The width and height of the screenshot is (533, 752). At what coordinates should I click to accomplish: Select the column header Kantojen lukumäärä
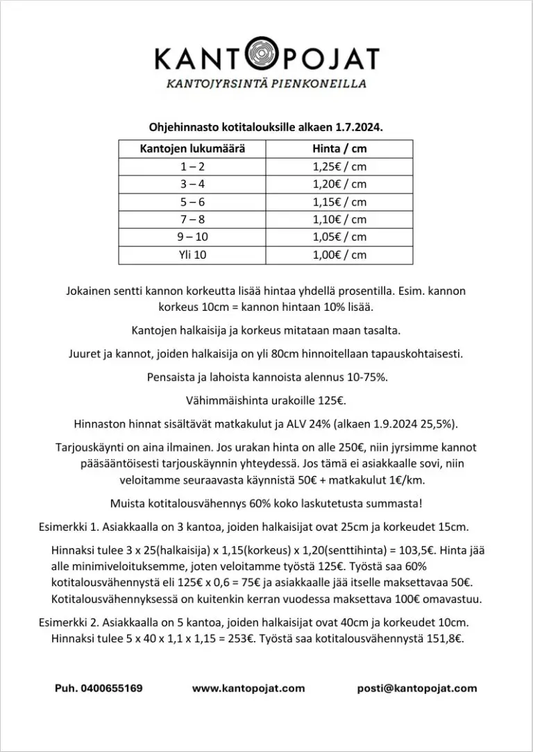click(192, 149)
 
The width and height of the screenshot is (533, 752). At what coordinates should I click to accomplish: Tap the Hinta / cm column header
click(339, 149)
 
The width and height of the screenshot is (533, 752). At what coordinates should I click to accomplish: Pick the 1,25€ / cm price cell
click(339, 166)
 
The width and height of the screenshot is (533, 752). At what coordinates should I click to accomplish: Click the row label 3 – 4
click(192, 185)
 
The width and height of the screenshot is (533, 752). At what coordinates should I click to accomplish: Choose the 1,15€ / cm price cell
click(339, 202)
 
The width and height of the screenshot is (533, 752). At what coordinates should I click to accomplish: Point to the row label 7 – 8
click(192, 219)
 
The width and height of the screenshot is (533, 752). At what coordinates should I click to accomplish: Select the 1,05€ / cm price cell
click(339, 237)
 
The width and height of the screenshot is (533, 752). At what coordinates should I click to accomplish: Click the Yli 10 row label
click(192, 255)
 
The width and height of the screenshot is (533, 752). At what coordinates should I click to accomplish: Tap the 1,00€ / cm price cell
click(339, 255)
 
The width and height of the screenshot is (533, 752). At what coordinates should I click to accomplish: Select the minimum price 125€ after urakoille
click(332, 401)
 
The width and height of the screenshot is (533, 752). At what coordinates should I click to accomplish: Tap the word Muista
click(128, 503)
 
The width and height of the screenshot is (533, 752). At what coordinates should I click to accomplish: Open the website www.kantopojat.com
click(248, 689)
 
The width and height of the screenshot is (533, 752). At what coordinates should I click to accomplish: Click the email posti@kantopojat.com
click(417, 689)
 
